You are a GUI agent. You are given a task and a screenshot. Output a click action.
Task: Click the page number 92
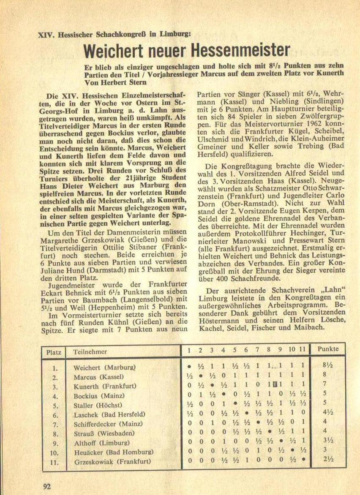47,486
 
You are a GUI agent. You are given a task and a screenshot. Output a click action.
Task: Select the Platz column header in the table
54,351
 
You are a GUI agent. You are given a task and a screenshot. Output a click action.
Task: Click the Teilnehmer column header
90,351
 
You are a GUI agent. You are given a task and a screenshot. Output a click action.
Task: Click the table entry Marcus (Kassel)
98,377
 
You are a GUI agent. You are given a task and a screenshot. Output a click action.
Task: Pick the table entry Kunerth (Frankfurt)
105,386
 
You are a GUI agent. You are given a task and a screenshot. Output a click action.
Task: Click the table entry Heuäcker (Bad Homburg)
112,452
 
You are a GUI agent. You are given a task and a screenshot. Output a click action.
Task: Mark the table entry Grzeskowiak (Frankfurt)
112,462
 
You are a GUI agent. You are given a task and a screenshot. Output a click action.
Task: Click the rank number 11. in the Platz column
54,462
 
